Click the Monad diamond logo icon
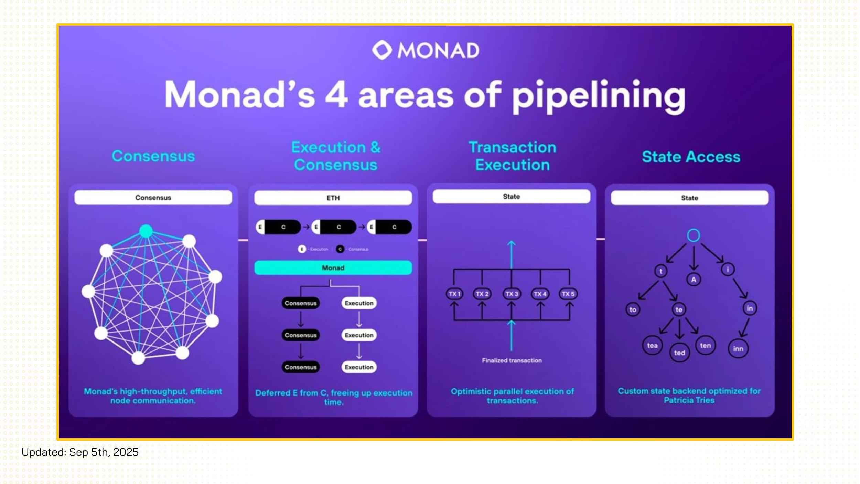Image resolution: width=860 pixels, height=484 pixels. [382, 50]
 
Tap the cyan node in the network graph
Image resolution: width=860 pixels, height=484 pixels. [146, 231]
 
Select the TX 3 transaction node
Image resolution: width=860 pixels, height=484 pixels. [512, 294]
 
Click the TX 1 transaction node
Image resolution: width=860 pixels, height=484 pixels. [454, 294]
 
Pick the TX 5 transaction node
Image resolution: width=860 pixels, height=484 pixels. [568, 294]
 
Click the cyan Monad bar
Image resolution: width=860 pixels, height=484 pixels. [333, 268]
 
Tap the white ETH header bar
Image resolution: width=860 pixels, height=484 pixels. [333, 198]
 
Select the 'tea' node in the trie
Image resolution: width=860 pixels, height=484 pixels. [652, 345]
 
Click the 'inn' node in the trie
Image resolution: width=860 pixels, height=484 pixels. [738, 349]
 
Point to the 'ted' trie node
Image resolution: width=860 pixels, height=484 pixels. [679, 353]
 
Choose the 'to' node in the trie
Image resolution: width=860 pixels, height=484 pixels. [633, 309]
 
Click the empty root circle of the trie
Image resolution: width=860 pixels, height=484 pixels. [693, 235]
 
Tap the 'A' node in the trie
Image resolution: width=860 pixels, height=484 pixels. [694, 280]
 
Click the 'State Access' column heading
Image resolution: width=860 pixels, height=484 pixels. [691, 157]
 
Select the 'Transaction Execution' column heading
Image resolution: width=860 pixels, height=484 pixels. [513, 156]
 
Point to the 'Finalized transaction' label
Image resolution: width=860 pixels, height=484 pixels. [512, 360]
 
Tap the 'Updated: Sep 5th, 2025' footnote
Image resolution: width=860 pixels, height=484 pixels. [80, 452]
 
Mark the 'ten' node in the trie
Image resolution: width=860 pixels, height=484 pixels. [705, 345]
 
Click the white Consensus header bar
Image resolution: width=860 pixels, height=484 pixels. [153, 198]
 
